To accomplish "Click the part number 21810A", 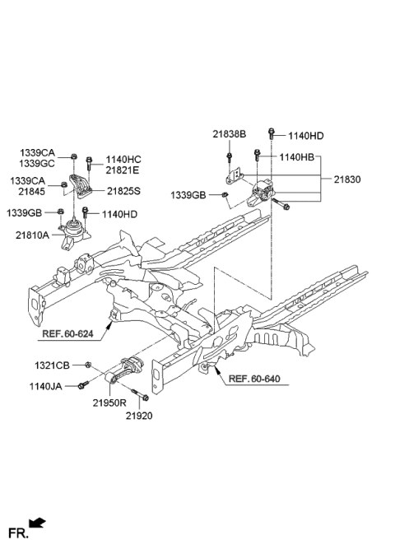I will tap(32, 235).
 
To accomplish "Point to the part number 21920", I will tap(139, 416).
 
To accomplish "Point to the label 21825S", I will tap(123, 190).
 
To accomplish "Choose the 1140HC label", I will tap(123, 159).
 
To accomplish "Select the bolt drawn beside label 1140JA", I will tap(83, 384).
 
